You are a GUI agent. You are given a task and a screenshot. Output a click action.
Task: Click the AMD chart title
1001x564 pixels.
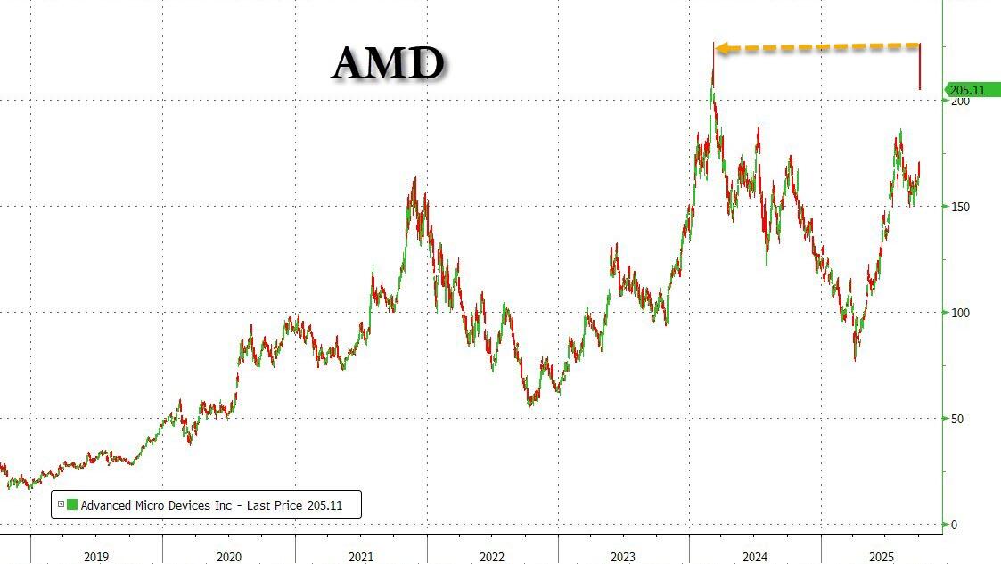388,63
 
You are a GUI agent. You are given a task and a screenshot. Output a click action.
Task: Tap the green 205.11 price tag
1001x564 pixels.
967,90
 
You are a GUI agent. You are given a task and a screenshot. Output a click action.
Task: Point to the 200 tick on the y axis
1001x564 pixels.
958,102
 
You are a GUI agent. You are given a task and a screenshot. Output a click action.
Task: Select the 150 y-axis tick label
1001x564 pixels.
959,207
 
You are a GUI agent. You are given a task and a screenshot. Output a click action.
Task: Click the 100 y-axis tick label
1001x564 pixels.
959,313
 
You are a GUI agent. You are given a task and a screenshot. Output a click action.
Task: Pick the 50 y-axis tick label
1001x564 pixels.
956,419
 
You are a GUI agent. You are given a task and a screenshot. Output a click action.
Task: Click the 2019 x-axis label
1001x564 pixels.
96,557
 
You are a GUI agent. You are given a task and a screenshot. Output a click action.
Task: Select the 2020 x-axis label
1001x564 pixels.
228,557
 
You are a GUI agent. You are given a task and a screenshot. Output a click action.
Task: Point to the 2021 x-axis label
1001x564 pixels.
361,557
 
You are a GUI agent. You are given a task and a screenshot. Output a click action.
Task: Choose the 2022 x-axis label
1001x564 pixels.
492,557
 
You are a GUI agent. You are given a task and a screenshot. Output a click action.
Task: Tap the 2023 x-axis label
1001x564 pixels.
623,557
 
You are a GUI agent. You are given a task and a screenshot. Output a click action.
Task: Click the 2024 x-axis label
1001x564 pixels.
755,557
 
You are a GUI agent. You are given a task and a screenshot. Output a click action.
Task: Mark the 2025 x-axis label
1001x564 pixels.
882,557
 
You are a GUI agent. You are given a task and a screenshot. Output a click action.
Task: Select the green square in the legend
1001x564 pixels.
71,505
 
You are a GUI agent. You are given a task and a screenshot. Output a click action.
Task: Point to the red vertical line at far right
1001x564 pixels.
920,67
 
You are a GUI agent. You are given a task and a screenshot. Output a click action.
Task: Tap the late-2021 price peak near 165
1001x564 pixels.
414,178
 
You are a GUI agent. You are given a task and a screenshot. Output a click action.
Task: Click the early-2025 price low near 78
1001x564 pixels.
855,358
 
